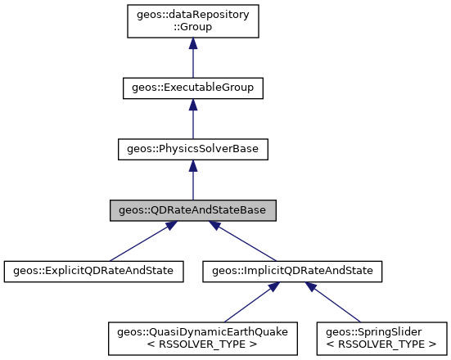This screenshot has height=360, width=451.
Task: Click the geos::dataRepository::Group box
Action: [192, 21]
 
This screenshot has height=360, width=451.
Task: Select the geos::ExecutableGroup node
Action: [192, 86]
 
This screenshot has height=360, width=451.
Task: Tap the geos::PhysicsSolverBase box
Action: [192, 150]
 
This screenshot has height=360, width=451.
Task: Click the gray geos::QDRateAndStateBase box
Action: [192, 210]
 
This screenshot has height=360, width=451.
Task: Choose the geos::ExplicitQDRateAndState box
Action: [94, 270]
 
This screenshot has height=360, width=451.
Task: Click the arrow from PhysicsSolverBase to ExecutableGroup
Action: [192, 123]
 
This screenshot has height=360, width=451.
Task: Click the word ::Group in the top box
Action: [192, 28]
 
